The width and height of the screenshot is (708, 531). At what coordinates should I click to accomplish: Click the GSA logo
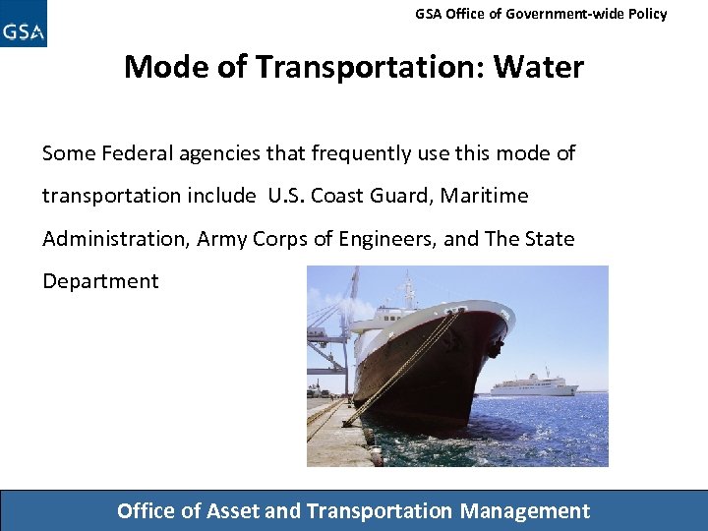(x=24, y=26)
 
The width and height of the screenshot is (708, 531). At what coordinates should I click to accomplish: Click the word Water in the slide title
(x=538, y=67)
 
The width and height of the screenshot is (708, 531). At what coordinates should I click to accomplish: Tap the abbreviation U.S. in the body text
(x=286, y=196)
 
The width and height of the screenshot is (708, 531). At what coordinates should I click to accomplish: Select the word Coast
(x=342, y=196)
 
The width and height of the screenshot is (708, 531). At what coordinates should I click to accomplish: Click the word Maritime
(x=484, y=196)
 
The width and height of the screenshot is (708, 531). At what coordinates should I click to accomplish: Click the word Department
(x=100, y=281)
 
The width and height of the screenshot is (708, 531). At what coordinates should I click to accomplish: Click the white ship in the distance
(x=533, y=384)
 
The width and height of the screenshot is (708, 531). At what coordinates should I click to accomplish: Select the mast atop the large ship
(x=408, y=290)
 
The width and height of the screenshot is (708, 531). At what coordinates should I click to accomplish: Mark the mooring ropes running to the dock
(x=393, y=374)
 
